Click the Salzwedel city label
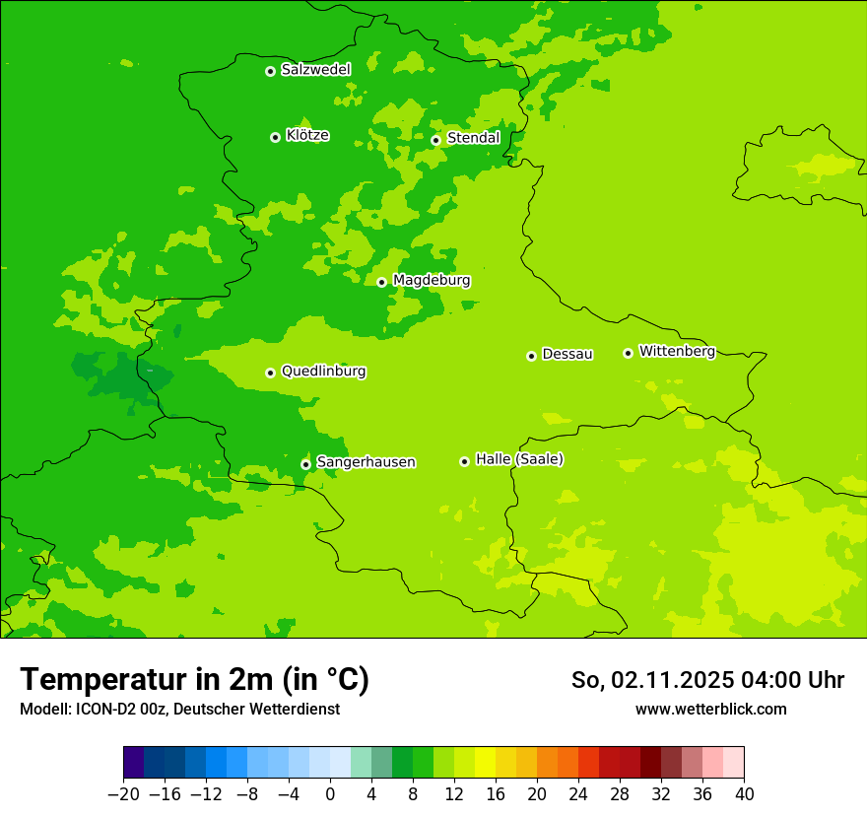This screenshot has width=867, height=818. pos(315,70)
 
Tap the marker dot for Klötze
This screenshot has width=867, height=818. pos(275,137)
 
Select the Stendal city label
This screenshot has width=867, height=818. pos(473,138)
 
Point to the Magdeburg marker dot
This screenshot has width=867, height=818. pos(381,282)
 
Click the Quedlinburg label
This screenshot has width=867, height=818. pos(323,372)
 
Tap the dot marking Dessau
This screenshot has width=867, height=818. pos(531,356)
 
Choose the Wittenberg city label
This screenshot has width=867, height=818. pos(677,351)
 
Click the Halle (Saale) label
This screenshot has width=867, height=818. pos(519,459)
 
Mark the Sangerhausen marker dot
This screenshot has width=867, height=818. pos(305,464)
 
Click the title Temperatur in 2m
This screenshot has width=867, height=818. pos(194,680)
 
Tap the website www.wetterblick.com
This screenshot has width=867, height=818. pos(710,709)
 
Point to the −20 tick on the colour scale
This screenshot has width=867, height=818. pos(123,793)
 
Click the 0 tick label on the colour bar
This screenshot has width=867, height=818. pos(330,793)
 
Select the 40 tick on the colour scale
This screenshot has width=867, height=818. pos(744,793)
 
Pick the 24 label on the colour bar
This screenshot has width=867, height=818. pos(578,793)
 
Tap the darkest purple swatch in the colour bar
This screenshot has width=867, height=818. pos(134,763)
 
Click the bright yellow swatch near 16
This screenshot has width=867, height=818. pos(485,763)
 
